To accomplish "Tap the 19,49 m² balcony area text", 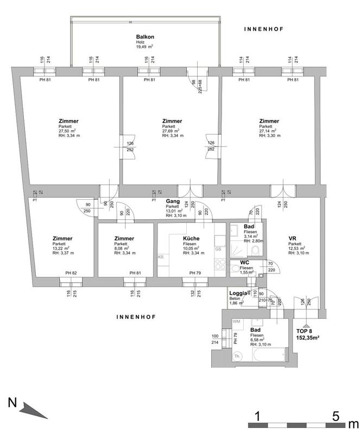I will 144,47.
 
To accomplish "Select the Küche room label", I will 191,239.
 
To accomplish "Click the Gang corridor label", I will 173,201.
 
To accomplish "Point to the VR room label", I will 292,239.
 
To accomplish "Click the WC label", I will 245,263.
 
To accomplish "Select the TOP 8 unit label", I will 305,330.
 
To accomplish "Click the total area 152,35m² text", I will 307,337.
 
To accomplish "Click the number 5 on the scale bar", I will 337,417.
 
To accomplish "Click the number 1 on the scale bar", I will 258,417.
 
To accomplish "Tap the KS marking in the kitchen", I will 161,257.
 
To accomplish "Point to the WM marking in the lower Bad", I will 236,322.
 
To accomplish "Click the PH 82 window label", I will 72,273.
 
